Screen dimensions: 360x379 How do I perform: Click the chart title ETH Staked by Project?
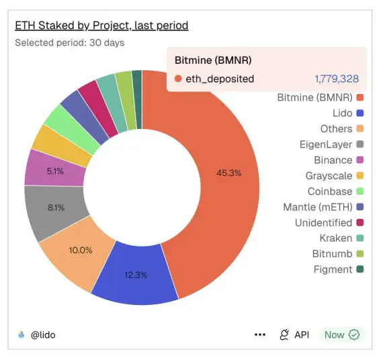tap(101, 26)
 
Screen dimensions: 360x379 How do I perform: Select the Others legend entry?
tap(336, 128)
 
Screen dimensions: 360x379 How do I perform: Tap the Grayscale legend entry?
tap(329, 175)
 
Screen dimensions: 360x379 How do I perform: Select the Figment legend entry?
tap(333, 269)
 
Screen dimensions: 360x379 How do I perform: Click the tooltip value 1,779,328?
tap(336, 79)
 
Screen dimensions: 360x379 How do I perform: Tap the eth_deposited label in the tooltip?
tap(220, 79)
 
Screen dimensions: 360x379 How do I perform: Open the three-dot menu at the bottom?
tap(260, 334)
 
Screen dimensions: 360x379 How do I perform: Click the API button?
tap(294, 334)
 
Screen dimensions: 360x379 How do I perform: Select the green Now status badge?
tap(342, 334)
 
